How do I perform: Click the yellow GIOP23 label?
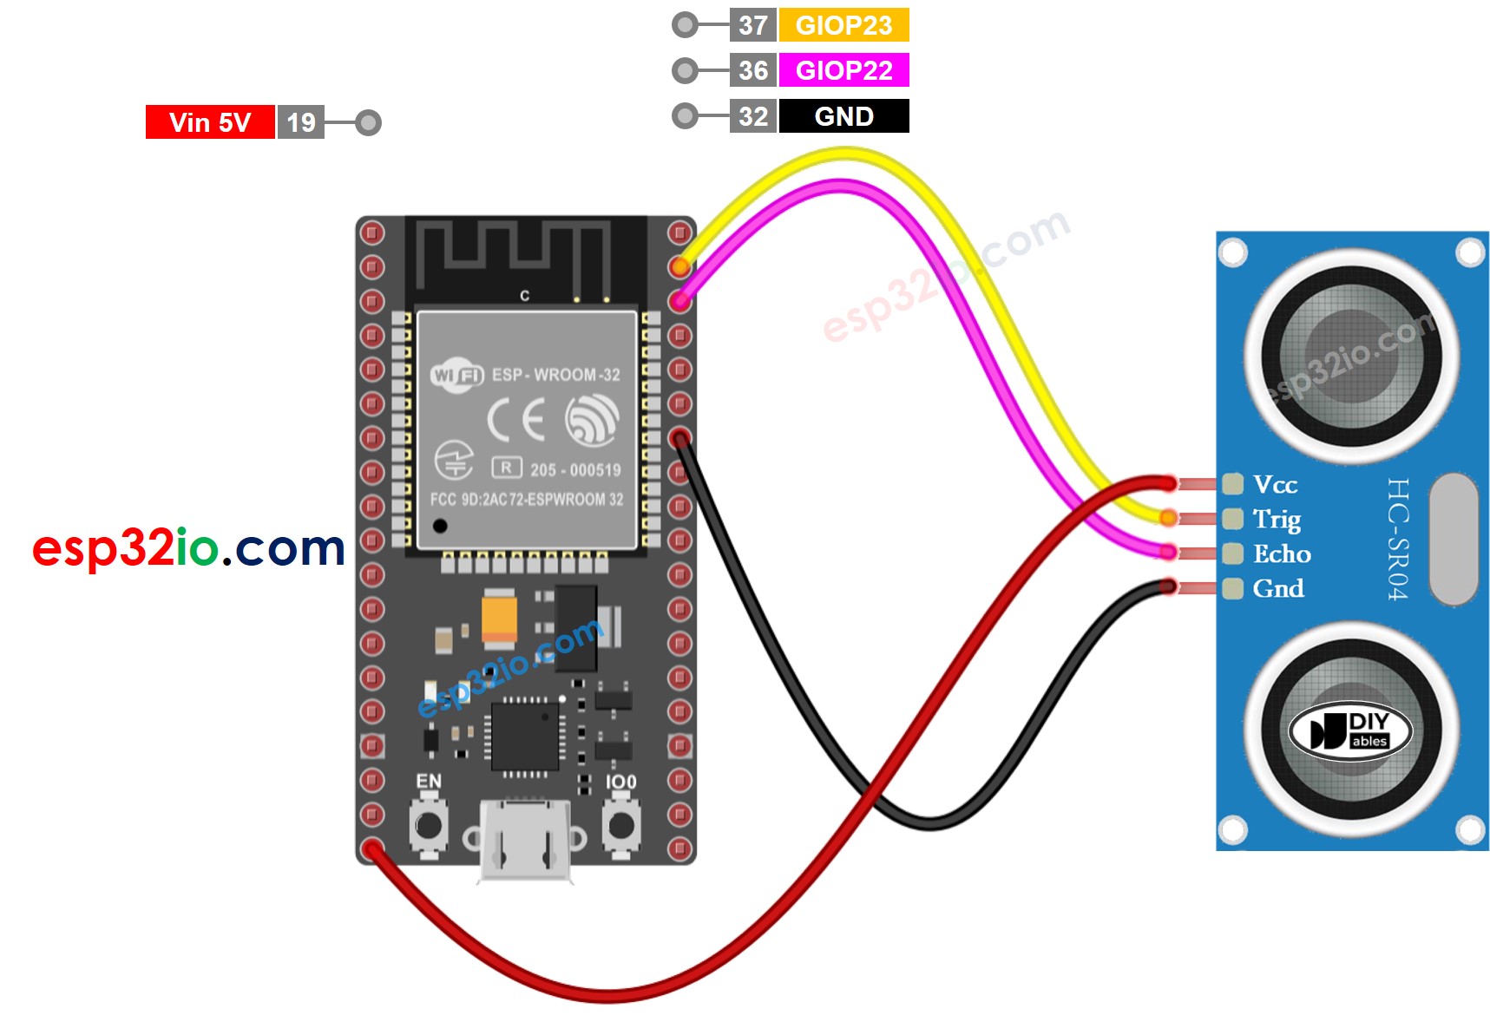pyautogui.click(x=843, y=25)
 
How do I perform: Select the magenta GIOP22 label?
pyautogui.click(x=843, y=70)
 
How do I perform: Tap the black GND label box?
pyautogui.click(x=843, y=116)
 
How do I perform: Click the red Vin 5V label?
pyautogui.click(x=210, y=122)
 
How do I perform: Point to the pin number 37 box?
pyautogui.click(x=752, y=25)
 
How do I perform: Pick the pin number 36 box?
pyautogui.click(x=752, y=70)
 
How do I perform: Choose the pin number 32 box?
pyautogui.click(x=752, y=116)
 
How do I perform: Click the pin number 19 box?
pyautogui.click(x=301, y=122)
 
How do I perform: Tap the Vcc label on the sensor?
pyautogui.click(x=1275, y=484)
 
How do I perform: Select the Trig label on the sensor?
pyautogui.click(x=1277, y=519)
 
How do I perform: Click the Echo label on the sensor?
pyautogui.click(x=1282, y=553)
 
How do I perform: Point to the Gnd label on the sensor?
pyautogui.click(x=1278, y=588)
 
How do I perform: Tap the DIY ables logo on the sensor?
pyautogui.click(x=1350, y=730)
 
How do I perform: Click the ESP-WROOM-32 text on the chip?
pyautogui.click(x=555, y=375)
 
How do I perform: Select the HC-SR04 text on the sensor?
pyautogui.click(x=1396, y=538)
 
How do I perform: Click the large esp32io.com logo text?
pyautogui.click(x=188, y=547)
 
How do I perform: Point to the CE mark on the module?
pyautogui.click(x=516, y=420)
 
